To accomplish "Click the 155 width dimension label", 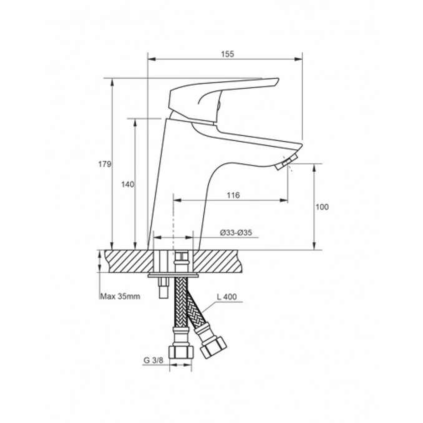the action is (x=228, y=54).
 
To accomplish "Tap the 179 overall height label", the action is (x=104, y=164).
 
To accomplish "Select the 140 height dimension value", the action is (x=127, y=185).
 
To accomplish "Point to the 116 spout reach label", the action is (x=233, y=195).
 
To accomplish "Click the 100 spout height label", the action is (x=322, y=207).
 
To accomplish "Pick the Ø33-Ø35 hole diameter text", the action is (x=236, y=233).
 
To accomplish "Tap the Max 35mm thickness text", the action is (x=120, y=296).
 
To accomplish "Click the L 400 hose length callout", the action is (x=227, y=297).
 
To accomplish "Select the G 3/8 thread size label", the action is (x=153, y=360).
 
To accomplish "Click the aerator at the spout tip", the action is (x=286, y=162).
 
